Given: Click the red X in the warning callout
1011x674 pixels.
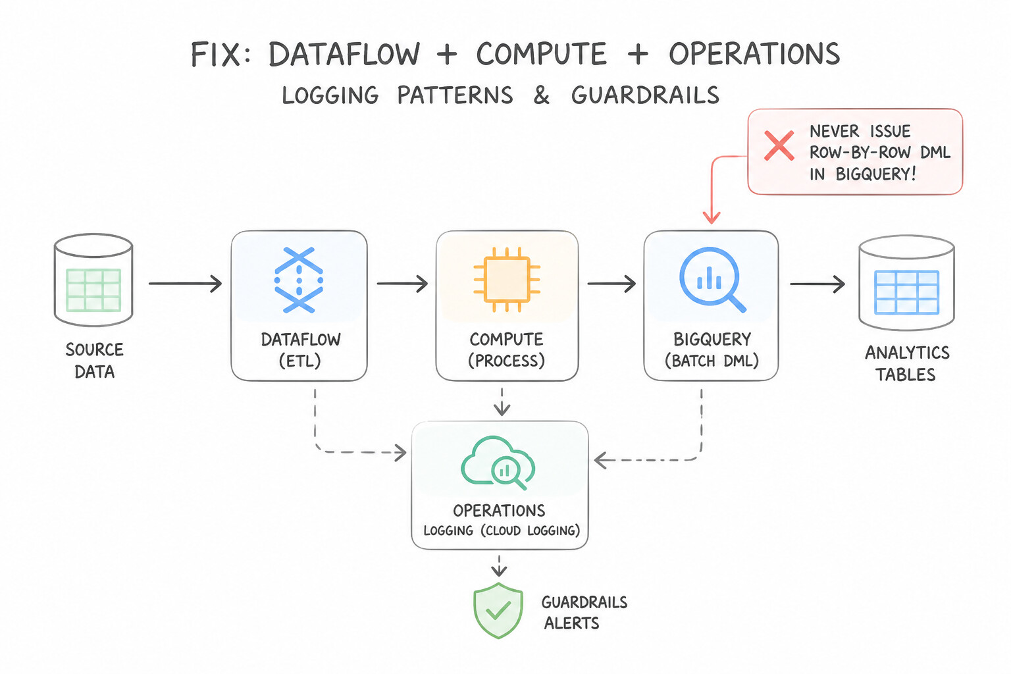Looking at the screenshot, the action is (779, 146).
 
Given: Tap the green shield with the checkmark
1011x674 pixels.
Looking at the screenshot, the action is (498, 610).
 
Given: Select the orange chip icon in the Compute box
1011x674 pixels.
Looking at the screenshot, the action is (506, 280).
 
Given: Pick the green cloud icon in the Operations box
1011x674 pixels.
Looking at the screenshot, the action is (498, 463).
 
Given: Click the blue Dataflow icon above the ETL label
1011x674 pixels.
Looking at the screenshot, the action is (299, 280).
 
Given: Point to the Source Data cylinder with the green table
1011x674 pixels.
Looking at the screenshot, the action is (93, 280).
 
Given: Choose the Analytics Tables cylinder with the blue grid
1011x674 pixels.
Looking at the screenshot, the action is (906, 282).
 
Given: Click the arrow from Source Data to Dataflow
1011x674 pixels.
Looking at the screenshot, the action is (186, 284).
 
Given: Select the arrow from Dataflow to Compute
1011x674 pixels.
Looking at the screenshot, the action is (402, 284).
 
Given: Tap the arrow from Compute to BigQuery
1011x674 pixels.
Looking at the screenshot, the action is (611, 284).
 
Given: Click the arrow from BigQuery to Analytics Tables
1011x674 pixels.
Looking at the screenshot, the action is (817, 284).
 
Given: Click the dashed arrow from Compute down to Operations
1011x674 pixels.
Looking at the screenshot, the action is (502, 402).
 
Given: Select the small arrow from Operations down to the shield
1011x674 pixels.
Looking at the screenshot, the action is (499, 566).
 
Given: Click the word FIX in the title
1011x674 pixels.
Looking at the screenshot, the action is (215, 55).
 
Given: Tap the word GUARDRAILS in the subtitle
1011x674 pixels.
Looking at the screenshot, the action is (645, 95).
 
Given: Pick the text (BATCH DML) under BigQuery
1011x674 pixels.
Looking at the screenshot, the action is (712, 361).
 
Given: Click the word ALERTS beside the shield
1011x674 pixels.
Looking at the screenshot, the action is (571, 623).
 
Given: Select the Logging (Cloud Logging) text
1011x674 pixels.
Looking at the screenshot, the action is (502, 530).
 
